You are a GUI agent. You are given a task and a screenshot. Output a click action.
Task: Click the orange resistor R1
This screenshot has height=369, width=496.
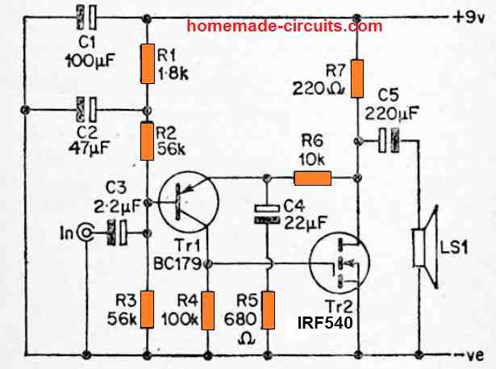[148, 65]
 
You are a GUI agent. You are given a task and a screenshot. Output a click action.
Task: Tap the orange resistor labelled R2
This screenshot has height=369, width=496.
[148, 138]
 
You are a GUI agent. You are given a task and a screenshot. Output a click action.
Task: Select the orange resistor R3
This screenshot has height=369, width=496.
[148, 309]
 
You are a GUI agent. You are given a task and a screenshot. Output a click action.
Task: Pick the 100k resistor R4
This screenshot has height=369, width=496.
[207, 311]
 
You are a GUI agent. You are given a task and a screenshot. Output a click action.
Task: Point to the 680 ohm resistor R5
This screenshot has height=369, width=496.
[268, 309]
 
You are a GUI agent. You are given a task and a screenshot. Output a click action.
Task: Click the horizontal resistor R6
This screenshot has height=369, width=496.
[312, 178]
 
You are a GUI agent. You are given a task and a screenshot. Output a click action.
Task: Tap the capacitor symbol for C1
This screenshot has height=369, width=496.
[86, 15]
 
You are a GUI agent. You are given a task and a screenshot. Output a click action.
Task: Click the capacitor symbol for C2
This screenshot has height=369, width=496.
[86, 107]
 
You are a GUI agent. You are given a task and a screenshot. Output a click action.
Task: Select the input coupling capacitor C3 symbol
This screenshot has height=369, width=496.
[118, 233]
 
